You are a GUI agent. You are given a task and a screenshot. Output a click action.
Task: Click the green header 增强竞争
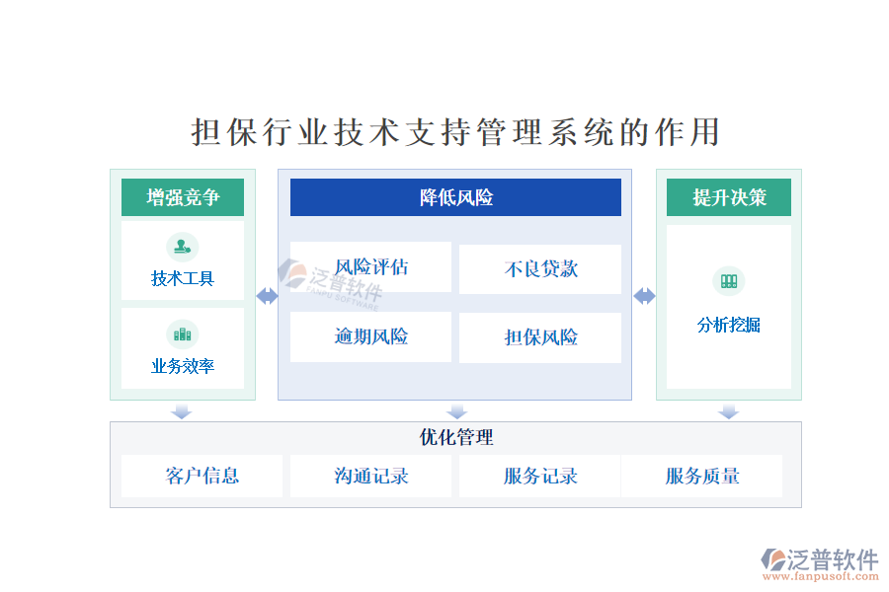pos(183,197)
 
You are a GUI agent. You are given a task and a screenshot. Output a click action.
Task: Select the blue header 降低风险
pos(455,197)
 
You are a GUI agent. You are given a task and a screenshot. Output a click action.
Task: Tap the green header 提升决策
pos(729,197)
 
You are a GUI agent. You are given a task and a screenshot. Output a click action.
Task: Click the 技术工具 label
pos(183,278)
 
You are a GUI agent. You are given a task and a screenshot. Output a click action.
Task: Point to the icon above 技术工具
pos(183,247)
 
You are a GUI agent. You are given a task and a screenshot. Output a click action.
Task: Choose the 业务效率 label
pos(183,366)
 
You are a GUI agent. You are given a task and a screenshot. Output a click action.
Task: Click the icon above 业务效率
pos(183,334)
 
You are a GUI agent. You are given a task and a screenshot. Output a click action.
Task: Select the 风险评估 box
pos(370,266)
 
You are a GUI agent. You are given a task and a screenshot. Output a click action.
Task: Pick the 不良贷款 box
pos(540,269)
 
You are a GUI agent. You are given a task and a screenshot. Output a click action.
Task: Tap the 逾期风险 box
pos(370,336)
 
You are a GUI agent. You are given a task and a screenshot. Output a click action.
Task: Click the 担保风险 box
pos(540,337)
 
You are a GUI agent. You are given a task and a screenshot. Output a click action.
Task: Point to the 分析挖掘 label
pos(729,325)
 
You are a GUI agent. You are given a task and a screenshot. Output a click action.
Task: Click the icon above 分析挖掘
pos(729,281)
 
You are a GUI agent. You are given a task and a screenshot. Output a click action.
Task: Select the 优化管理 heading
pos(456,437)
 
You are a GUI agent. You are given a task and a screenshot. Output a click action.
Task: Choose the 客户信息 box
pos(202,476)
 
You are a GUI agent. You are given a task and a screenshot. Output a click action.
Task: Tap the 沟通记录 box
pos(370,476)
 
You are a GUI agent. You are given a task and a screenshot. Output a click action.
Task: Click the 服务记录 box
pos(540,476)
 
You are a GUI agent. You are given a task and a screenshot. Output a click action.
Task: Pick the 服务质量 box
pos(702,476)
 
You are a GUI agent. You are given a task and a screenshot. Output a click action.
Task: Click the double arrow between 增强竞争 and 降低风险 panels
pos(267,296)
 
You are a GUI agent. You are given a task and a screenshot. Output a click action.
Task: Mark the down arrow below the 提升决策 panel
pos(729,411)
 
